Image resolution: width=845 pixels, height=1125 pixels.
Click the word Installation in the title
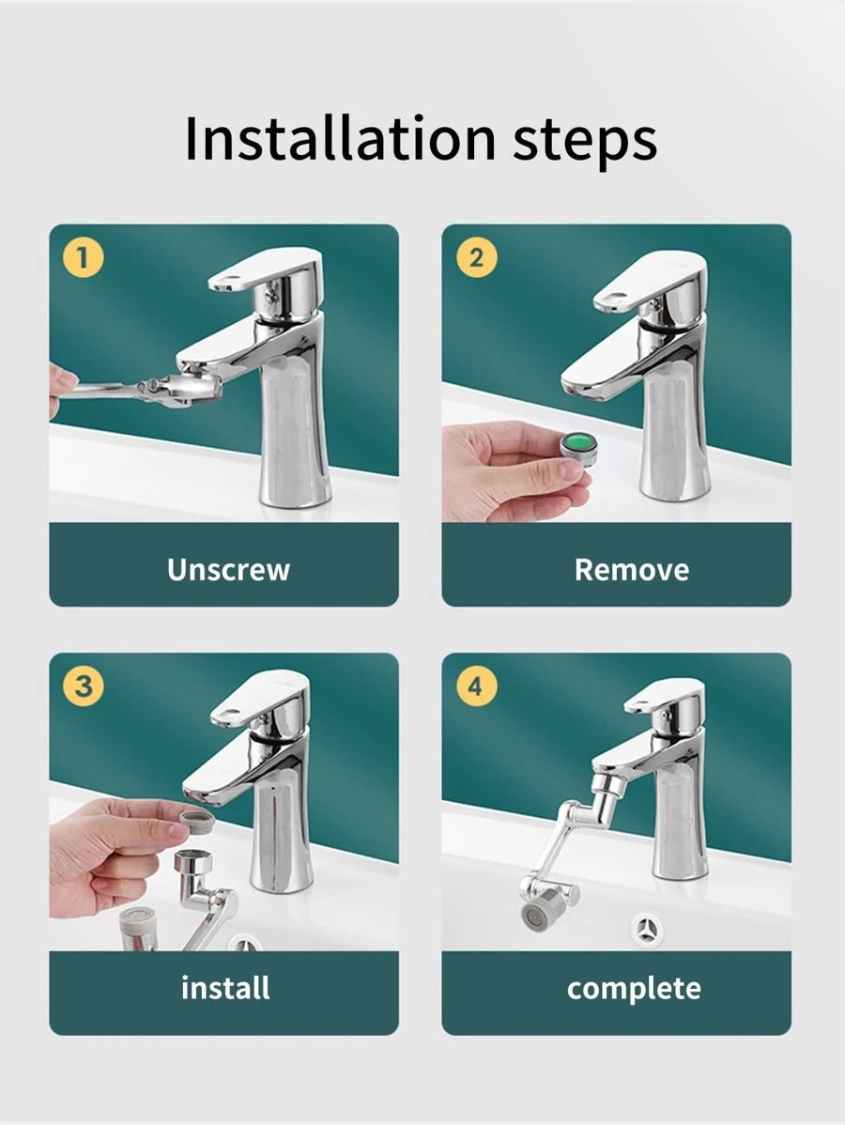pyautogui.click(x=340, y=137)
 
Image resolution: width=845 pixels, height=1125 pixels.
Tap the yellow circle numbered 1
pyautogui.click(x=84, y=257)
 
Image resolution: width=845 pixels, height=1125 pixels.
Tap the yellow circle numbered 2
pyautogui.click(x=476, y=257)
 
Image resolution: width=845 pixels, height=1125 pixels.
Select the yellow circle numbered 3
pyautogui.click(x=84, y=686)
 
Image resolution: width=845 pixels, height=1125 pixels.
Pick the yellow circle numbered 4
pyautogui.click(x=476, y=686)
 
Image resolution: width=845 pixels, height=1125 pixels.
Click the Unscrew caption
pyautogui.click(x=228, y=570)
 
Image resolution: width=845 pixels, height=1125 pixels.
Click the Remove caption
pyautogui.click(x=632, y=570)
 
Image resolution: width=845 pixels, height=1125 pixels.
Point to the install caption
pyautogui.click(x=225, y=988)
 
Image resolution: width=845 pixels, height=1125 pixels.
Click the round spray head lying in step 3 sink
pyautogui.click(x=138, y=927)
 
